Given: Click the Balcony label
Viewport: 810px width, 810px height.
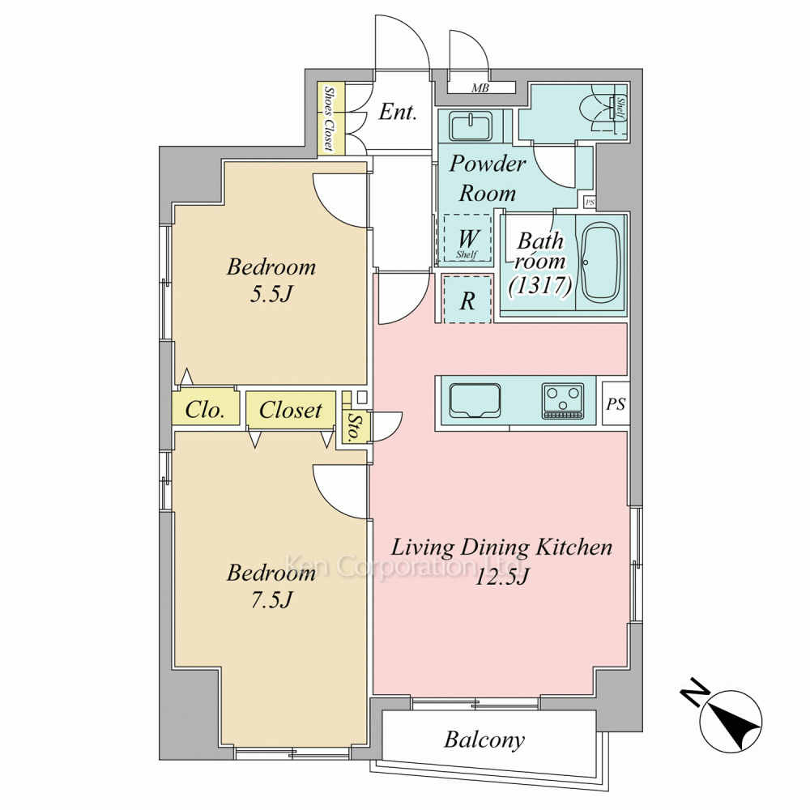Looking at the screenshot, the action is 484,740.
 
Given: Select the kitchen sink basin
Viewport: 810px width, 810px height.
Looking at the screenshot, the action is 475,400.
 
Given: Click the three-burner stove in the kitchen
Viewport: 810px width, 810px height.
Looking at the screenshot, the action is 563,401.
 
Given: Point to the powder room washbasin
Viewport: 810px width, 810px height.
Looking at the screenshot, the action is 470,126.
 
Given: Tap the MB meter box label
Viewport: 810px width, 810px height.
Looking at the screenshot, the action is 480,88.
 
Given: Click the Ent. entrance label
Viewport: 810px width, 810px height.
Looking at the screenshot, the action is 397,112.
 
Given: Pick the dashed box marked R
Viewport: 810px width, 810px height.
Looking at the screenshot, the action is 467,300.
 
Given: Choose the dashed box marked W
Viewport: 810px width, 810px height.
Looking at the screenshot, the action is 467,239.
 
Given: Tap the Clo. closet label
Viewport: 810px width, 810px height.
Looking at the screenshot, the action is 205,410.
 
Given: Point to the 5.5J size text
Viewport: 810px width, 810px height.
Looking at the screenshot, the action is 271,294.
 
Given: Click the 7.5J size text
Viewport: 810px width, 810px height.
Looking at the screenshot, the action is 271,599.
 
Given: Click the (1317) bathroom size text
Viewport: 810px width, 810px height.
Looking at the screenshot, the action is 540,284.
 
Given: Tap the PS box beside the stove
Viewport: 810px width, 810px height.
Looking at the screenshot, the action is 616,403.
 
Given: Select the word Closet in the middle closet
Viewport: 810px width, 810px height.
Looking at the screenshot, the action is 290,410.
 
